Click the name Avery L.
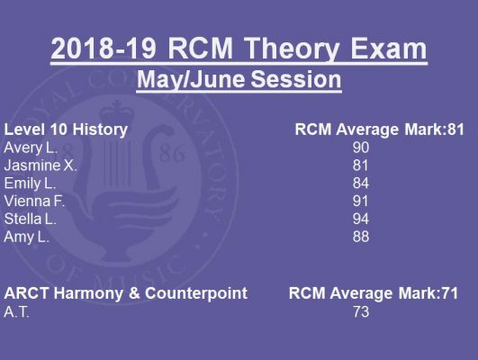pyautogui.click(x=31, y=148)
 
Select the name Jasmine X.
pyautogui.click(x=41, y=166)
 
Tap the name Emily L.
pyautogui.click(x=30, y=184)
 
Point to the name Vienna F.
pyautogui.click(x=34, y=202)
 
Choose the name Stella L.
pyautogui.click(x=31, y=220)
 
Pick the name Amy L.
pyautogui.click(x=26, y=238)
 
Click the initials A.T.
pyautogui.click(x=16, y=312)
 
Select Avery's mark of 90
pyautogui.click(x=361, y=148)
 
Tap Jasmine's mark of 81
pyautogui.click(x=360, y=166)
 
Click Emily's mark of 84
pyautogui.click(x=361, y=184)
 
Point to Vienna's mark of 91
pyautogui.click(x=360, y=202)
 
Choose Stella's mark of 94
pyautogui.click(x=361, y=220)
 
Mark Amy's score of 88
pyautogui.click(x=361, y=237)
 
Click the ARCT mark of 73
pyautogui.click(x=361, y=311)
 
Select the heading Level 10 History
pyautogui.click(x=66, y=130)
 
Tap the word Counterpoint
pyautogui.click(x=196, y=293)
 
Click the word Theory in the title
pyautogui.click(x=292, y=49)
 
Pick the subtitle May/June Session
pyautogui.click(x=239, y=79)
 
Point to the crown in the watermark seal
pyautogui.click(x=117, y=111)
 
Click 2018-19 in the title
pyautogui.click(x=104, y=49)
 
